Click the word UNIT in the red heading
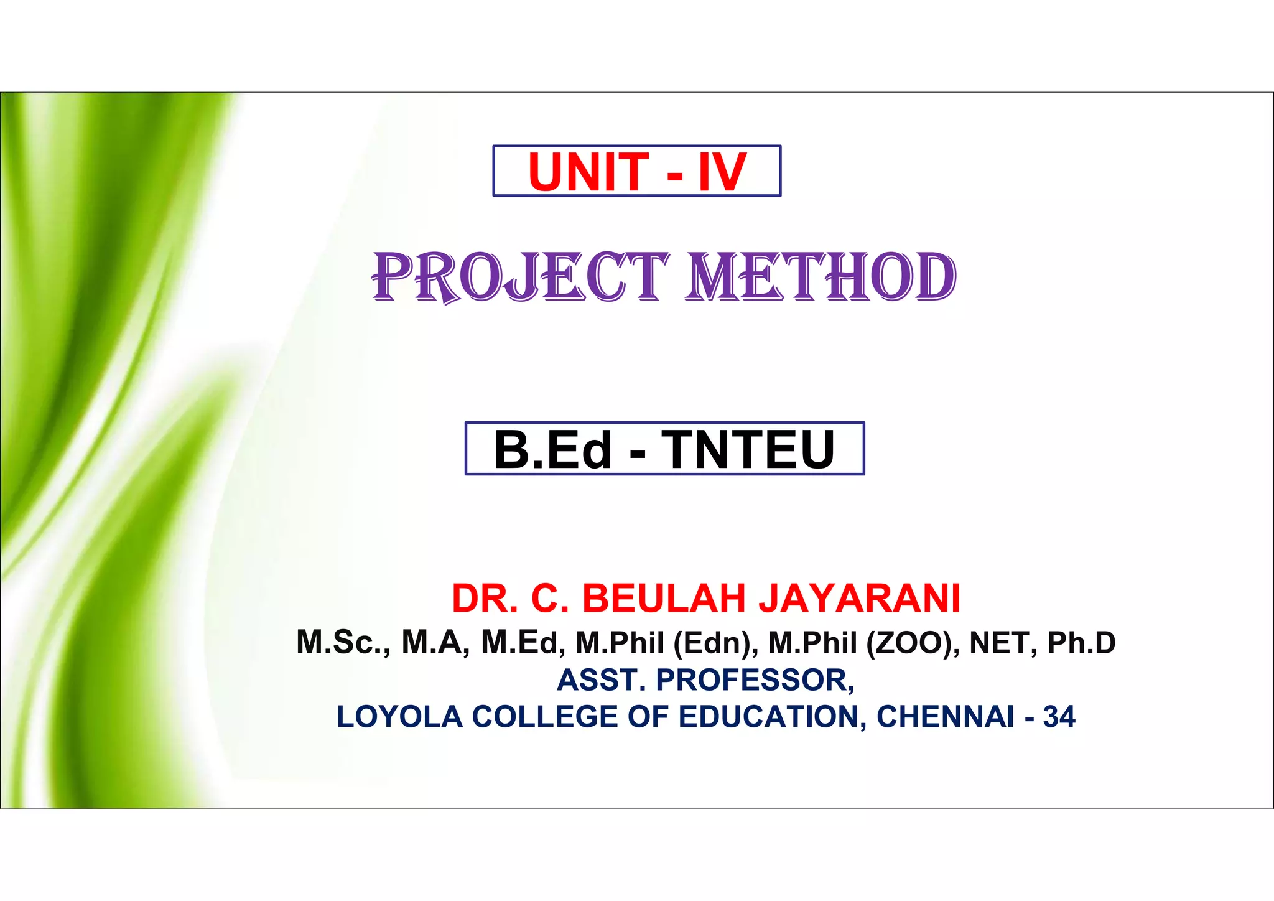point(588,172)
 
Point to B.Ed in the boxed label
point(552,449)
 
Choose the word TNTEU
point(748,449)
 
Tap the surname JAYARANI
point(859,599)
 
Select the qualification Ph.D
point(1081,643)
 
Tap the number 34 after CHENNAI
point(1059,717)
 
